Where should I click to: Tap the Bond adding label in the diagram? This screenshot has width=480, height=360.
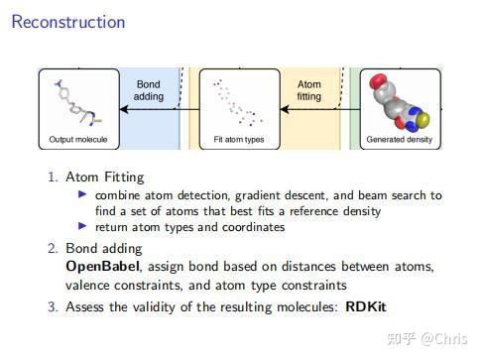click(x=147, y=91)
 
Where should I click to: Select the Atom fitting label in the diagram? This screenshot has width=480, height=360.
click(x=309, y=91)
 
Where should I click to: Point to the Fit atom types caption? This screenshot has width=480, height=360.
click(x=239, y=141)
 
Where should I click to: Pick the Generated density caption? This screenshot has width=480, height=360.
click(x=401, y=141)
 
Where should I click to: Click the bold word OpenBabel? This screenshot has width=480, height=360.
click(x=98, y=267)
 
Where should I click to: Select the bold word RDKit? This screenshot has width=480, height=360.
click(x=367, y=306)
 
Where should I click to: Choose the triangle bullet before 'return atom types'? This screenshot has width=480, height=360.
click(x=83, y=227)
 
